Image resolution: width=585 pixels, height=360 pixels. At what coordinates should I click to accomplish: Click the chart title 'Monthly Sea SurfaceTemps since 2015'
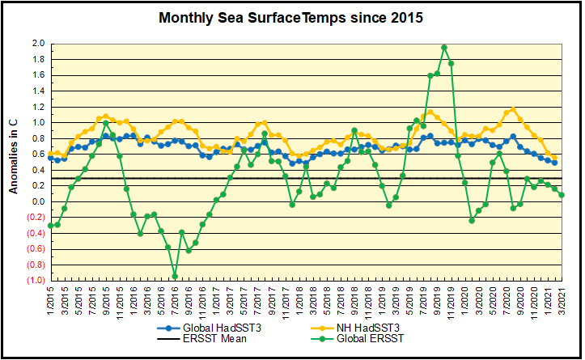click(x=290, y=18)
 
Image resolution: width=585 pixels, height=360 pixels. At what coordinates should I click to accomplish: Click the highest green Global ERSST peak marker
click(x=444, y=48)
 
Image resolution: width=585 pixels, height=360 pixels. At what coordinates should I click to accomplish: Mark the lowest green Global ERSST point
click(x=174, y=276)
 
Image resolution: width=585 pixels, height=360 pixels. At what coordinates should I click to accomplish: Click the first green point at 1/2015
click(x=50, y=226)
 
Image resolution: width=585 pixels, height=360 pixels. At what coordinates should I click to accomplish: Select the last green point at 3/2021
click(x=562, y=195)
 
